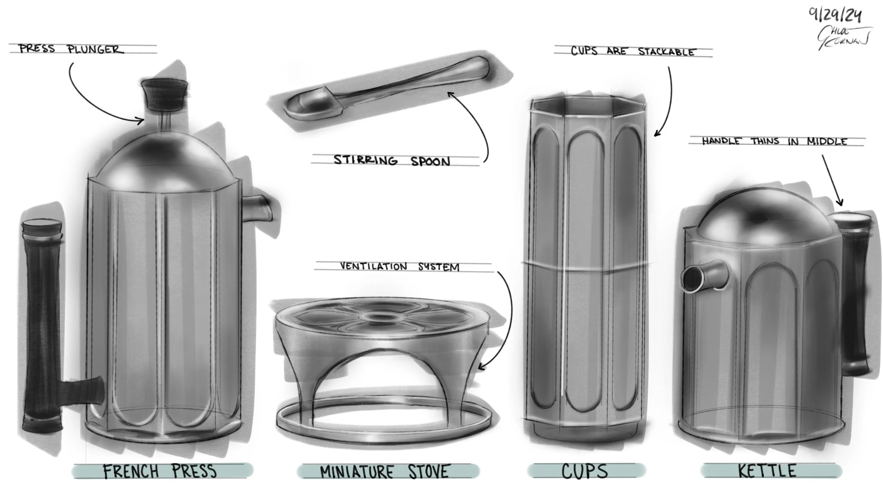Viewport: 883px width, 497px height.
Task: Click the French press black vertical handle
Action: [42, 325]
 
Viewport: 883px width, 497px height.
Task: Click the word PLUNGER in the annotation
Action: [96, 49]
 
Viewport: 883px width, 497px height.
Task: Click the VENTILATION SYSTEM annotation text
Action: [399, 267]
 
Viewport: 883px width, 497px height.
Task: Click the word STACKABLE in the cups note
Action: [666, 52]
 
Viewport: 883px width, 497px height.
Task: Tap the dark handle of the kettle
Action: [855, 297]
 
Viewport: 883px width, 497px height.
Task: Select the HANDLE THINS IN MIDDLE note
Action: [774, 141]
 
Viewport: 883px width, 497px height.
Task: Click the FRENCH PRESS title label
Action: [160, 471]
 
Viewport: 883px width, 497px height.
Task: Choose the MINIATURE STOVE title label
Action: [384, 472]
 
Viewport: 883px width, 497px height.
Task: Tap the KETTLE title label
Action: [767, 471]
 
